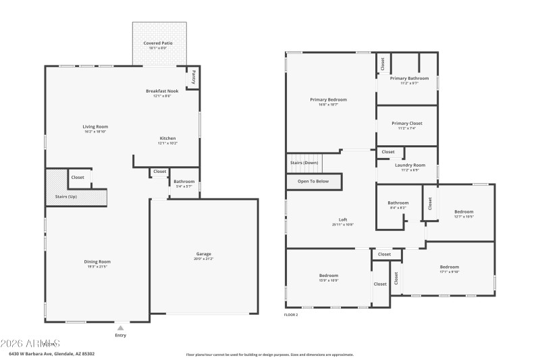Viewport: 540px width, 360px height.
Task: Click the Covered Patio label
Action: coord(158,43)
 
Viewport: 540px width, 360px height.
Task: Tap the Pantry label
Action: coord(194,76)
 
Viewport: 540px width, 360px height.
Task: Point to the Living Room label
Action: coord(95,126)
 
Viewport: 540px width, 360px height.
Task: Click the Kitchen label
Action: coord(167,138)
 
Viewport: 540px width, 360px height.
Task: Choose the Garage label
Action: coord(203,254)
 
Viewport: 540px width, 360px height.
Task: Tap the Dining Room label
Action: coord(97,261)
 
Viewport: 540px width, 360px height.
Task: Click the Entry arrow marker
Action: coord(120,327)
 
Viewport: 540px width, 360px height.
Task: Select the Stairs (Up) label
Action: coord(66,197)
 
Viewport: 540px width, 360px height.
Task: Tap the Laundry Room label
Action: coord(410,165)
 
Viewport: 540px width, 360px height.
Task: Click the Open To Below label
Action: coord(313,181)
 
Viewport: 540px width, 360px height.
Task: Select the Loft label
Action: coord(343,220)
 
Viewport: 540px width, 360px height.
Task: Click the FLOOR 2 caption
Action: coord(291,315)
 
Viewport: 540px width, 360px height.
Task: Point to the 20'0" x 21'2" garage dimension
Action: coord(203,259)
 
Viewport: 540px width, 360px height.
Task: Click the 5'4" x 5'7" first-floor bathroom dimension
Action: coord(184,186)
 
